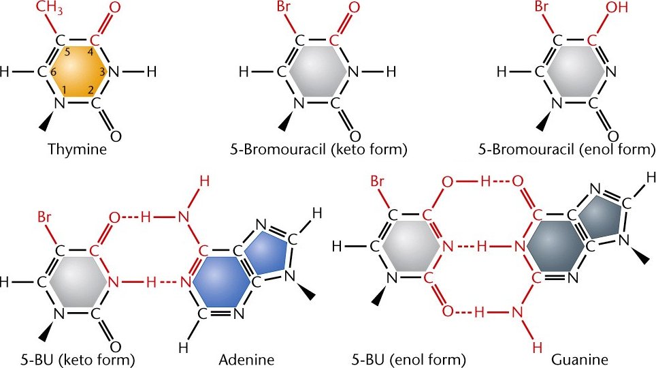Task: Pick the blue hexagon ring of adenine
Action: pyautogui.click(x=220, y=280)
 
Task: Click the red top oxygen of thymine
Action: pyautogui.click(x=115, y=9)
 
